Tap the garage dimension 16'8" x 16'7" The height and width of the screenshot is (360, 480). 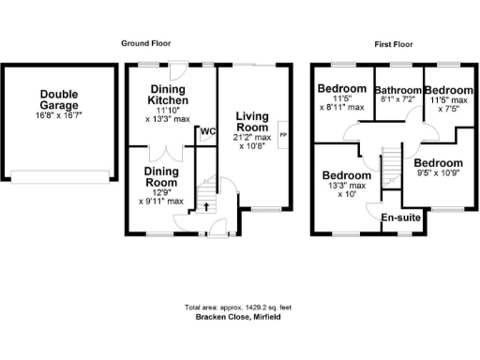click(x=59, y=115)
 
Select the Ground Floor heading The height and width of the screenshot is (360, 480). click(x=146, y=43)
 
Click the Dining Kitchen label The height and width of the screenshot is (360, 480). click(x=171, y=94)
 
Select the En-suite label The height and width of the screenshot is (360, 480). click(x=400, y=217)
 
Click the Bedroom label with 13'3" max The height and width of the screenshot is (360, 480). click(x=345, y=175)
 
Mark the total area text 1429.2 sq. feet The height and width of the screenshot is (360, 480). click(x=240, y=307)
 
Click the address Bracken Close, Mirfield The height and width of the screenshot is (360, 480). click(x=240, y=317)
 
